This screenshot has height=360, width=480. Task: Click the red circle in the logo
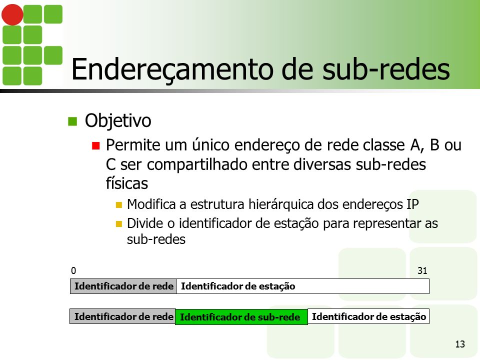12,14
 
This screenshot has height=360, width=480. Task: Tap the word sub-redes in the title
386,69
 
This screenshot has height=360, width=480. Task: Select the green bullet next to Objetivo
72,121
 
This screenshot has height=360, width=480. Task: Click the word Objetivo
118,120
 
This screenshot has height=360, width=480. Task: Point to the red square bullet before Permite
96,145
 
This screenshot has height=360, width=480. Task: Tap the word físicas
126,183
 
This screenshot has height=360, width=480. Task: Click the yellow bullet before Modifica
119,205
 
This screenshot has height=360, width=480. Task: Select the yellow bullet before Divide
119,224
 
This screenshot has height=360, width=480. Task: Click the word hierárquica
281,204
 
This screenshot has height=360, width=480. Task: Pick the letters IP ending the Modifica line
412,204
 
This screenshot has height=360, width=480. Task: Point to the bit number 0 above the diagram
73,270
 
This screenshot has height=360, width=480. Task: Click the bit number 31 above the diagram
422,270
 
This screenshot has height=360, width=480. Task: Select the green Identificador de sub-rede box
241,317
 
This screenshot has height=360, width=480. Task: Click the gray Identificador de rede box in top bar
123,286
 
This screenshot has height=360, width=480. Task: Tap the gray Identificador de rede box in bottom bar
123,316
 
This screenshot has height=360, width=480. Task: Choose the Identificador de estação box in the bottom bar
368,316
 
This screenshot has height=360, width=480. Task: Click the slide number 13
460,344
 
